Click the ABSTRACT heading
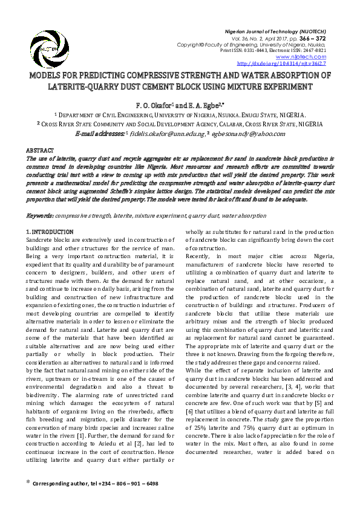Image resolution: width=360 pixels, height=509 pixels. point(40,150)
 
